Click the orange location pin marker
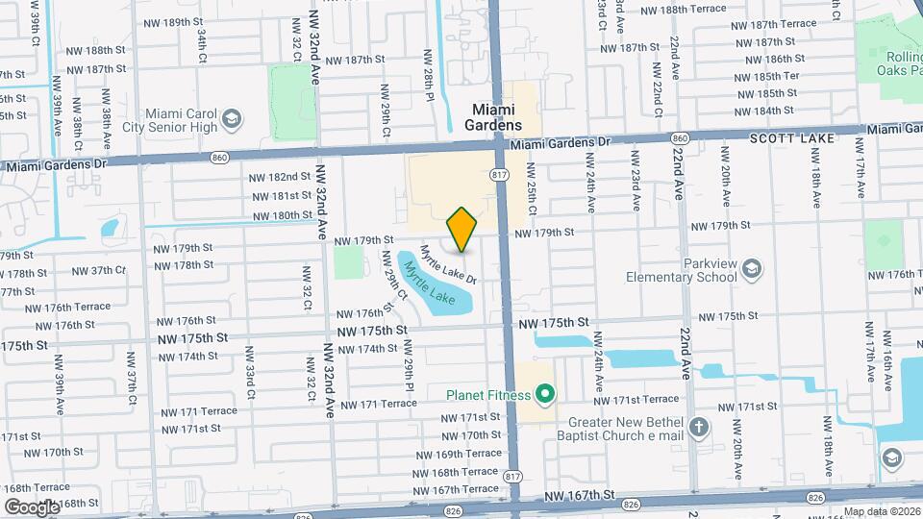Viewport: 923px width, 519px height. (462, 229)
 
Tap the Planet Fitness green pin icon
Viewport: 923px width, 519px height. (545, 393)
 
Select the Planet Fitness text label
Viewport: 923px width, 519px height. (488, 393)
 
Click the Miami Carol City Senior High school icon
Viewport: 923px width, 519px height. (231, 118)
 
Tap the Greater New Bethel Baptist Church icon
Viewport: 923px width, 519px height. (700, 426)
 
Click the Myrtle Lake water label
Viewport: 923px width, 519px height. (428, 283)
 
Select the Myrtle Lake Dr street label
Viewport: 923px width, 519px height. (448, 263)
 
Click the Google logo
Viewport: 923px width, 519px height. (31, 507)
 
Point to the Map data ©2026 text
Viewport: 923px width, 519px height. (882, 511)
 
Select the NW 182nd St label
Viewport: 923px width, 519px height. (280, 177)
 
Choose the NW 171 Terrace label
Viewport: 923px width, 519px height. (378, 405)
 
